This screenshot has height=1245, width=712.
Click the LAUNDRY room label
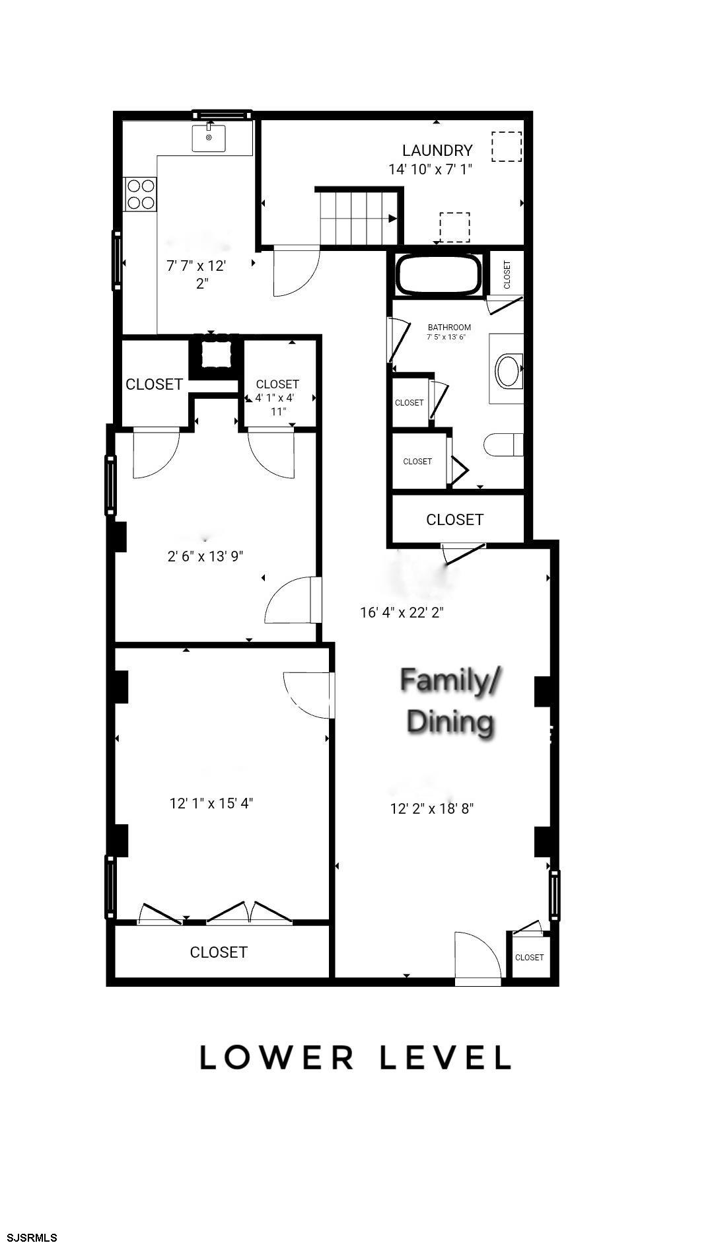(x=437, y=151)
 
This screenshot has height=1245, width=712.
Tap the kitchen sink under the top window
(x=209, y=138)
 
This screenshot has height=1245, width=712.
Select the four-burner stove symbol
(x=141, y=194)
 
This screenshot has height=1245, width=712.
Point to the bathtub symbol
(x=439, y=275)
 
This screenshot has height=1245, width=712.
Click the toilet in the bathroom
(x=504, y=445)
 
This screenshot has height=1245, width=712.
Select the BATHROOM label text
(x=449, y=328)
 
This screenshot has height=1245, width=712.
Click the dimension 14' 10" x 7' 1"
(x=430, y=169)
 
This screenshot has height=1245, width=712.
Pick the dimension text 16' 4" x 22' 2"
(x=402, y=612)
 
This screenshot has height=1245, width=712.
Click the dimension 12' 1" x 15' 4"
(x=211, y=803)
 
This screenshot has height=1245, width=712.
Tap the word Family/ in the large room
(x=450, y=681)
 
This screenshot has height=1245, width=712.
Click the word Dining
(x=450, y=721)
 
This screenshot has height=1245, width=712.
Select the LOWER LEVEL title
(x=355, y=1057)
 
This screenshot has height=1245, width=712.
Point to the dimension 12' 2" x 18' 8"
(x=432, y=808)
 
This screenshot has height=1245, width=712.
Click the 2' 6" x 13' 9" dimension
(x=205, y=556)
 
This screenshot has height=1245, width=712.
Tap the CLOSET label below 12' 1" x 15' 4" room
(x=219, y=952)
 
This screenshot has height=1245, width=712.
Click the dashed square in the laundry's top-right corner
(x=507, y=147)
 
